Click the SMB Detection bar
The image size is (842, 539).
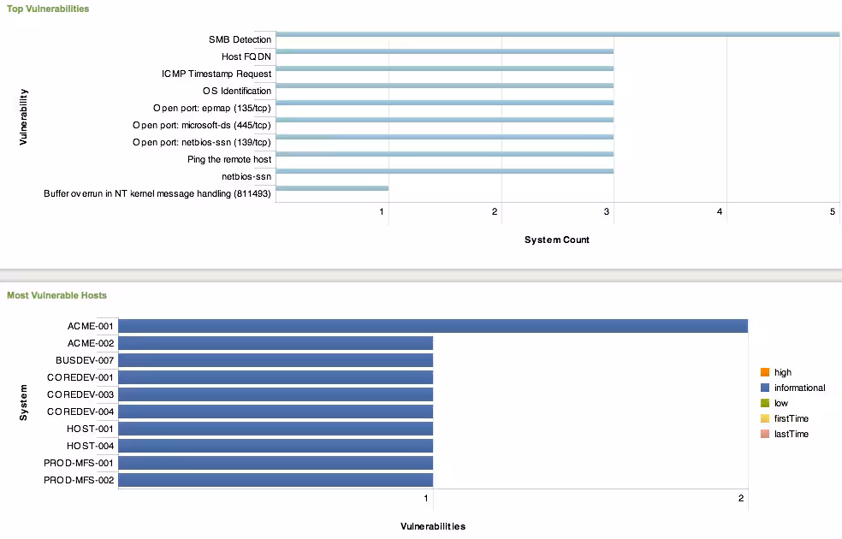pyautogui.click(x=556, y=34)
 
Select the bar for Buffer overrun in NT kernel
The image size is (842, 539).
pyautogui.click(x=332, y=188)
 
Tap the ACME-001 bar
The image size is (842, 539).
pyautogui.click(x=432, y=326)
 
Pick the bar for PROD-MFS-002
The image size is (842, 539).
pyautogui.click(x=276, y=480)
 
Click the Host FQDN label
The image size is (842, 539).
pyautogui.click(x=246, y=56)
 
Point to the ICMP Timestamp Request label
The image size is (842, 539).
pyautogui.click(x=216, y=74)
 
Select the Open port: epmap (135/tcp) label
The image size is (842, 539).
pyautogui.click(x=212, y=108)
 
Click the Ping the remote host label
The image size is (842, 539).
pyautogui.click(x=229, y=159)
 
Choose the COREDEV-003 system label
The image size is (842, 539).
pyautogui.click(x=80, y=394)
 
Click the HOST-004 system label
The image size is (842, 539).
pyautogui.click(x=90, y=446)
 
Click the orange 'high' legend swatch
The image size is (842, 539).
pyautogui.click(x=764, y=372)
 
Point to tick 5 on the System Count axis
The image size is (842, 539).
pyautogui.click(x=833, y=210)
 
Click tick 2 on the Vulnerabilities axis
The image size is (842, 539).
pyautogui.click(x=741, y=498)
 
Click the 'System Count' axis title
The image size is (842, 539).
pyautogui.click(x=556, y=240)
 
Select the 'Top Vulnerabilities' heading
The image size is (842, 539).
pyautogui.click(x=48, y=9)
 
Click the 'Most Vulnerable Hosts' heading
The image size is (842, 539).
pyautogui.click(x=56, y=295)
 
